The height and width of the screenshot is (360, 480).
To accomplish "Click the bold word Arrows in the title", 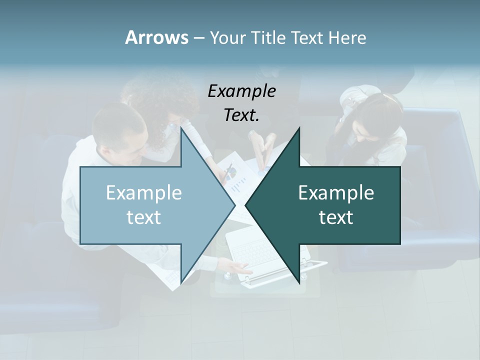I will point(156,37).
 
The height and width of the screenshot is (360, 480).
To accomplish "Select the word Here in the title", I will point(347,37).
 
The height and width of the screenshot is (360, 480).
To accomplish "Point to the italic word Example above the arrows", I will point(242,91).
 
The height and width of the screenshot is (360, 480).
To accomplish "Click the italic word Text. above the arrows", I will point(242,115).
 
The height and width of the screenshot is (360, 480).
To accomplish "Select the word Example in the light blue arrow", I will point(144,192).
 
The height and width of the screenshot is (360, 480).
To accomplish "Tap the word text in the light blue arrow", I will point(144,217).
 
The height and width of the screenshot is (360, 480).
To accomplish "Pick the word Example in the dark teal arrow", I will point(336,192).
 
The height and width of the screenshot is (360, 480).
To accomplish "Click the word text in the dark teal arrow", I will point(336,217).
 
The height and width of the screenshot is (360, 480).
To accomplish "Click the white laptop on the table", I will point(255,255).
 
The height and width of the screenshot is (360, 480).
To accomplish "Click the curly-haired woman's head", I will point(157,100).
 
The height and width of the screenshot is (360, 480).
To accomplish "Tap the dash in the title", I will point(198,38).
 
